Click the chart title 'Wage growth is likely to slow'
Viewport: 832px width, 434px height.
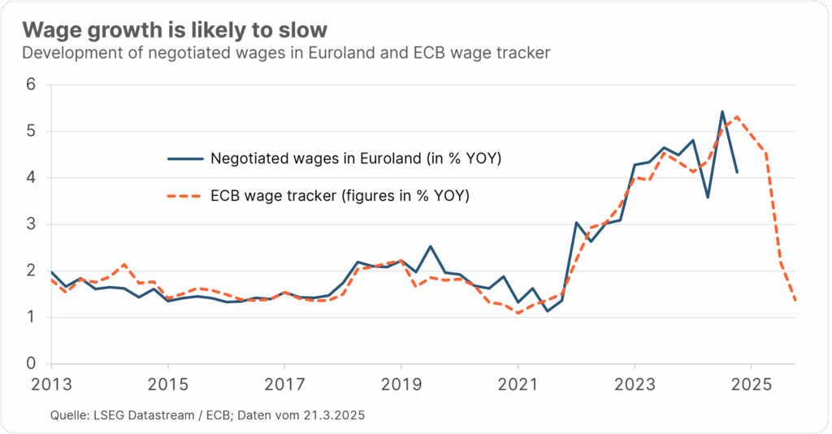tap(175, 30)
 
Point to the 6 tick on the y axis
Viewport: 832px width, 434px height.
tap(32, 85)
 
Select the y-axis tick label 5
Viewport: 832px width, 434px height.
tap(32, 131)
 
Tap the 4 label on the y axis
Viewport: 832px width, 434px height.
tap(32, 177)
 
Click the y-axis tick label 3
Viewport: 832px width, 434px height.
tap(32, 224)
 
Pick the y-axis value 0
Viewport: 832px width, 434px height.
tap(32, 364)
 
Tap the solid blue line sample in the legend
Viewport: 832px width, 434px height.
tap(184, 158)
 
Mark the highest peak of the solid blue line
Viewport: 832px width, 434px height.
tap(722, 111)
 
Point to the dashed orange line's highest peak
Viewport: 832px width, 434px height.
tap(736, 116)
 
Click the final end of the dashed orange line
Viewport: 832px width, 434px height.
tap(795, 302)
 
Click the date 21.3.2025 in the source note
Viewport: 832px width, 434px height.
tap(333, 415)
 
